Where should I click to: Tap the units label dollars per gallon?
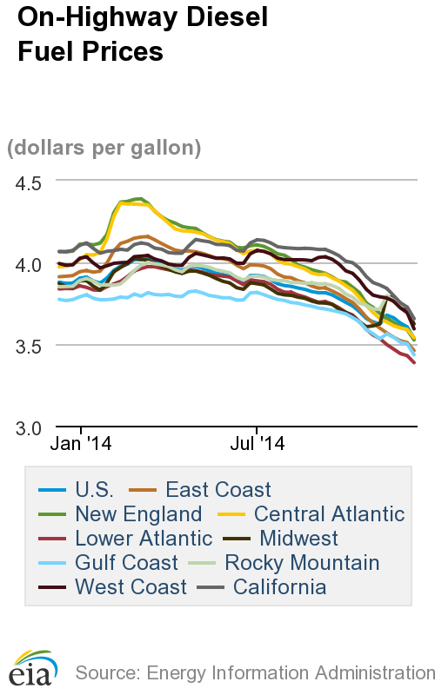tap(104, 148)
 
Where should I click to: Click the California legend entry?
tap(278, 587)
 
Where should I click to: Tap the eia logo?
tap(32, 670)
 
